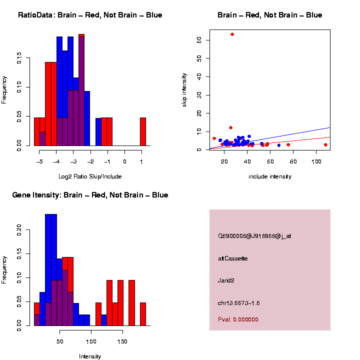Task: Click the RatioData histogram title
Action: click(90, 15)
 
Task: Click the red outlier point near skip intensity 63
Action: click(232, 34)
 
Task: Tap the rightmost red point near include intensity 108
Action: click(325, 144)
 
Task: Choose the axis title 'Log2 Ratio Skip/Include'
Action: click(90, 176)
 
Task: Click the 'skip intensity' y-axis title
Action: click(184, 89)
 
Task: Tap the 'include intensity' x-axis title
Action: click(270, 176)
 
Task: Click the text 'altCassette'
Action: click(233, 258)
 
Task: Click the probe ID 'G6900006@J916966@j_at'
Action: click(254, 236)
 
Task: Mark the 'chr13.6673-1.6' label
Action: click(239, 303)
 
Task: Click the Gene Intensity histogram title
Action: click(90, 195)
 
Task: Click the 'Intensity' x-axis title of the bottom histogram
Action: click(90, 356)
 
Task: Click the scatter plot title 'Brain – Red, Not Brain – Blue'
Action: click(270, 15)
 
